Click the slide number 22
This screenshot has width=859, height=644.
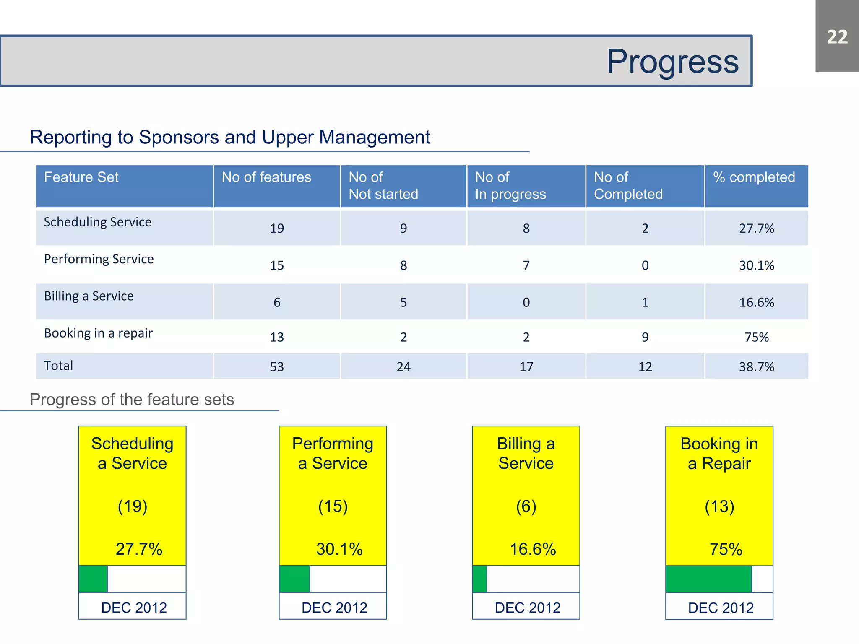click(x=837, y=37)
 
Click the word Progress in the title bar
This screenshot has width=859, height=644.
click(x=672, y=62)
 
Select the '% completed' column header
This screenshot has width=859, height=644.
click(x=754, y=177)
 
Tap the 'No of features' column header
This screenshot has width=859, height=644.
click(x=266, y=177)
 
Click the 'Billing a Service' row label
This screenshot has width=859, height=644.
click(x=89, y=296)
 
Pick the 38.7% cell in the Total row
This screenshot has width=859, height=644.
click(x=756, y=367)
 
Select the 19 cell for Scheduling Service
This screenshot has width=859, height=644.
click(x=277, y=229)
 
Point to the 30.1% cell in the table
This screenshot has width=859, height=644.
click(x=756, y=265)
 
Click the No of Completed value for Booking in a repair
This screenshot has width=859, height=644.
click(x=645, y=337)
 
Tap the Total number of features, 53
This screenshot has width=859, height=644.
click(x=277, y=367)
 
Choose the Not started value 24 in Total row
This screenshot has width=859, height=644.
click(x=403, y=367)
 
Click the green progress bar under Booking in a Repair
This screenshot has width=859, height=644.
click(x=708, y=579)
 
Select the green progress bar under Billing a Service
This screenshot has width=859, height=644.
click(x=480, y=579)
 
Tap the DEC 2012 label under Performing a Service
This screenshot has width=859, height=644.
click(x=334, y=608)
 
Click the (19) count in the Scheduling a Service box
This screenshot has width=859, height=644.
click(x=133, y=506)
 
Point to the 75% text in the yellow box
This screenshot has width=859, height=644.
click(x=726, y=549)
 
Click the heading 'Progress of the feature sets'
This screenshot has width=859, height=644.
click(x=132, y=400)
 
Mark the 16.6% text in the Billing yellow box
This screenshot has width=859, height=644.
click(x=533, y=549)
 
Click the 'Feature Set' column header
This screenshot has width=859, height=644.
click(x=81, y=177)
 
